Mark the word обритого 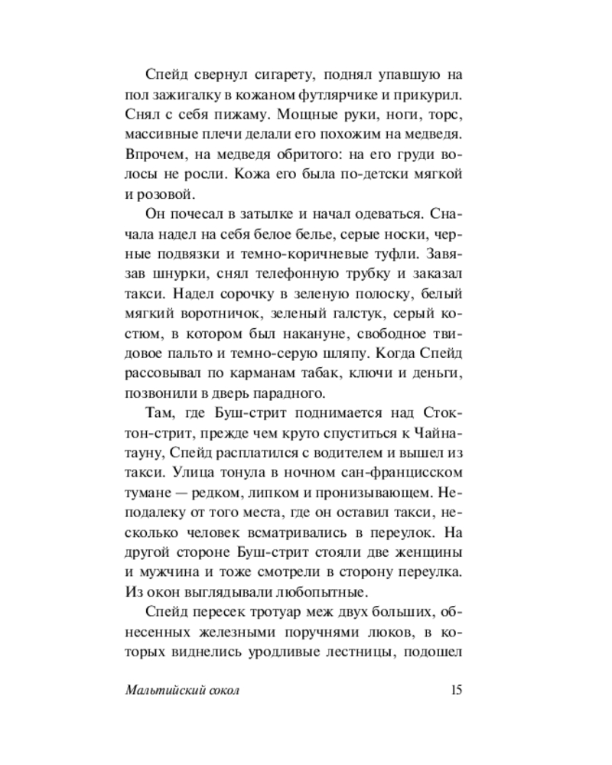click(271, 155)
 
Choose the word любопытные click(262, 592)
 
